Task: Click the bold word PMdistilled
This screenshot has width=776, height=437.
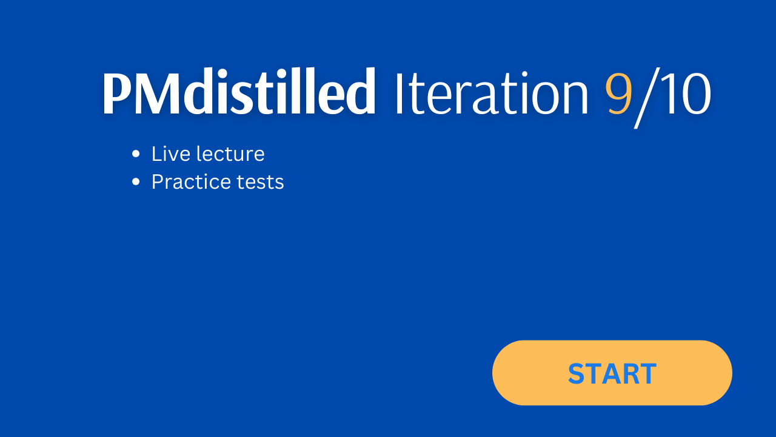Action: (x=239, y=91)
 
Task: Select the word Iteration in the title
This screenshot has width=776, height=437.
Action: (x=492, y=93)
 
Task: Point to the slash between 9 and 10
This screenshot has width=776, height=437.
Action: (x=646, y=98)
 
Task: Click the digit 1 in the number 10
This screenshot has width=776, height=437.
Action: (x=667, y=93)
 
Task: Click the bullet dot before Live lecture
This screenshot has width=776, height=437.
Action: (x=136, y=154)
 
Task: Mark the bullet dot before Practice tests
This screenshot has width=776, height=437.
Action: (x=136, y=181)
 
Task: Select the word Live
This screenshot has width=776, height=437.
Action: (x=171, y=154)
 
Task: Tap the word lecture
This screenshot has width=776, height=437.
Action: (x=230, y=154)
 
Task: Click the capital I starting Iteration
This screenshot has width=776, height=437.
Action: (x=399, y=93)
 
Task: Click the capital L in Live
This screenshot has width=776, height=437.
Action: (x=157, y=154)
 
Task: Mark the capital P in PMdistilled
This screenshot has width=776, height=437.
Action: (x=117, y=92)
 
